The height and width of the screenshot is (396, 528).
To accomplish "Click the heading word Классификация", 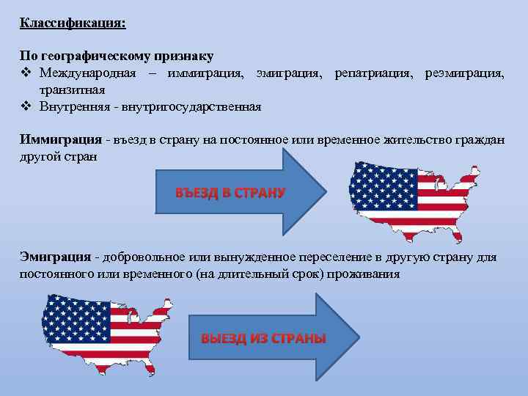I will click(72, 23).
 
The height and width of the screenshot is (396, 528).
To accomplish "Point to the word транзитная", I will click(73, 90).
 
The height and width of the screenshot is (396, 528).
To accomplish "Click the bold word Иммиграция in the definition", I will click(61, 139).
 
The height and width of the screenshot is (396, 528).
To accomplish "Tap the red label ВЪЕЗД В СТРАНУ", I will click(229, 193).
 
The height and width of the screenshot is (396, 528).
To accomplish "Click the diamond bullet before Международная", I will click(25, 73).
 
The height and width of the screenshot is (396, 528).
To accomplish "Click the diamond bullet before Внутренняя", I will click(25, 106).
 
